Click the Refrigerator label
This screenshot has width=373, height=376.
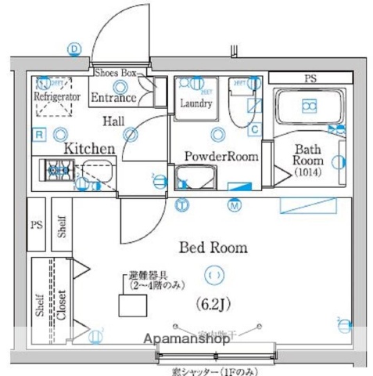pyautogui.click(x=56, y=96)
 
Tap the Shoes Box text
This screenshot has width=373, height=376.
pyautogui.click(x=116, y=73)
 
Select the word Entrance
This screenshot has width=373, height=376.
pyautogui.click(x=114, y=98)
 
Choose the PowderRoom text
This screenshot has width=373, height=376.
pyautogui.click(x=221, y=157)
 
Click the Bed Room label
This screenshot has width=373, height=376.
pyautogui.click(x=213, y=248)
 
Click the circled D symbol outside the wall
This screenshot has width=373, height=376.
pyautogui.click(x=74, y=49)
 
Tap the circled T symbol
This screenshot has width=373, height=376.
pyautogui.click(x=181, y=206)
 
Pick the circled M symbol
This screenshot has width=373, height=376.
pyautogui.click(x=234, y=206)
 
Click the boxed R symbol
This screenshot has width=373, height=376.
pyautogui.click(x=38, y=135)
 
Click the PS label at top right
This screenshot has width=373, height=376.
pyautogui.click(x=310, y=78)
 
